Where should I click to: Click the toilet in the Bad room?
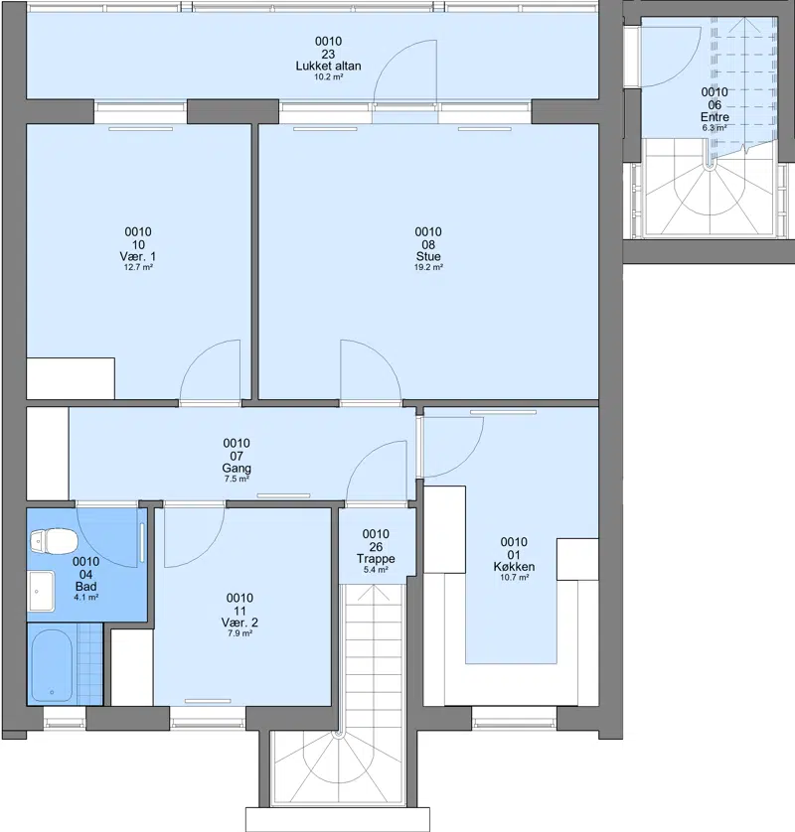pos(54,542)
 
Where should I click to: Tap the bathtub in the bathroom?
pos(52,665)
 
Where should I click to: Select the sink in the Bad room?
pos(41,591)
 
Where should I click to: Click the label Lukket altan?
pos(328,66)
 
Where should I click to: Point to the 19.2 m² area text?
pos(428,267)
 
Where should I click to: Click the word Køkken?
pos(514,566)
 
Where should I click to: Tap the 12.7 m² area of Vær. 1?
pos(138,267)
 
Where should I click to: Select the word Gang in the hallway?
pos(237,468)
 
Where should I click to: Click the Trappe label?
pos(376,559)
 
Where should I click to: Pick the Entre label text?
pos(715,117)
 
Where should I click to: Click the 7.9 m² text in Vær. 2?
pos(239,633)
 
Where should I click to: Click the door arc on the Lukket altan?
pos(392,57)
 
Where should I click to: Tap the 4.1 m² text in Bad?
pos(86,597)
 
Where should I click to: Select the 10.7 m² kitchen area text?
pos(514,577)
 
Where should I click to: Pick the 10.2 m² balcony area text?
pos(328,76)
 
